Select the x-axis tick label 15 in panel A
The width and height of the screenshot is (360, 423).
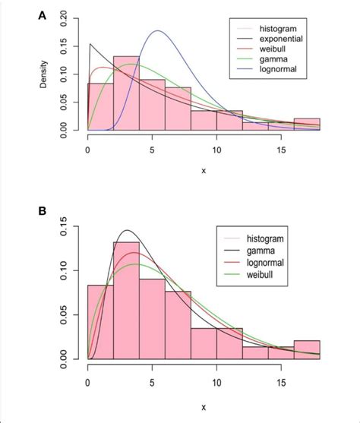[x=282, y=150]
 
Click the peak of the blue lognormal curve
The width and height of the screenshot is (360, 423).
[x=158, y=31]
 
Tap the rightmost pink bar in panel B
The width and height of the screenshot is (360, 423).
[x=307, y=349]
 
